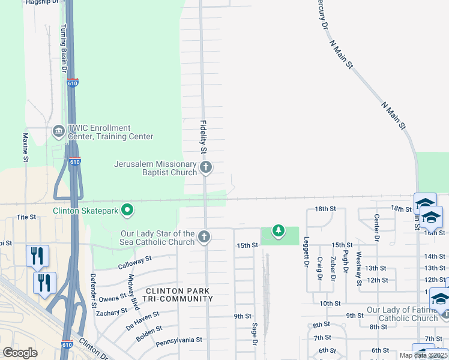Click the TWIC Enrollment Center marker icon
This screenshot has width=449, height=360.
[59, 130]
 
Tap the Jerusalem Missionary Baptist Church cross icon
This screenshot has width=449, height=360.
[206, 167]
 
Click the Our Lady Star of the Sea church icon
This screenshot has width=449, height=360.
[204, 237]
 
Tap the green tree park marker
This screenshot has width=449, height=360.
[278, 230]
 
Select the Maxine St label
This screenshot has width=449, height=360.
[26, 148]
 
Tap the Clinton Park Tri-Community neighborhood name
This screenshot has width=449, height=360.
[178, 295]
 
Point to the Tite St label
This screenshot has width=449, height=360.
[23, 217]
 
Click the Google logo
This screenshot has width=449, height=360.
[20, 353]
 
